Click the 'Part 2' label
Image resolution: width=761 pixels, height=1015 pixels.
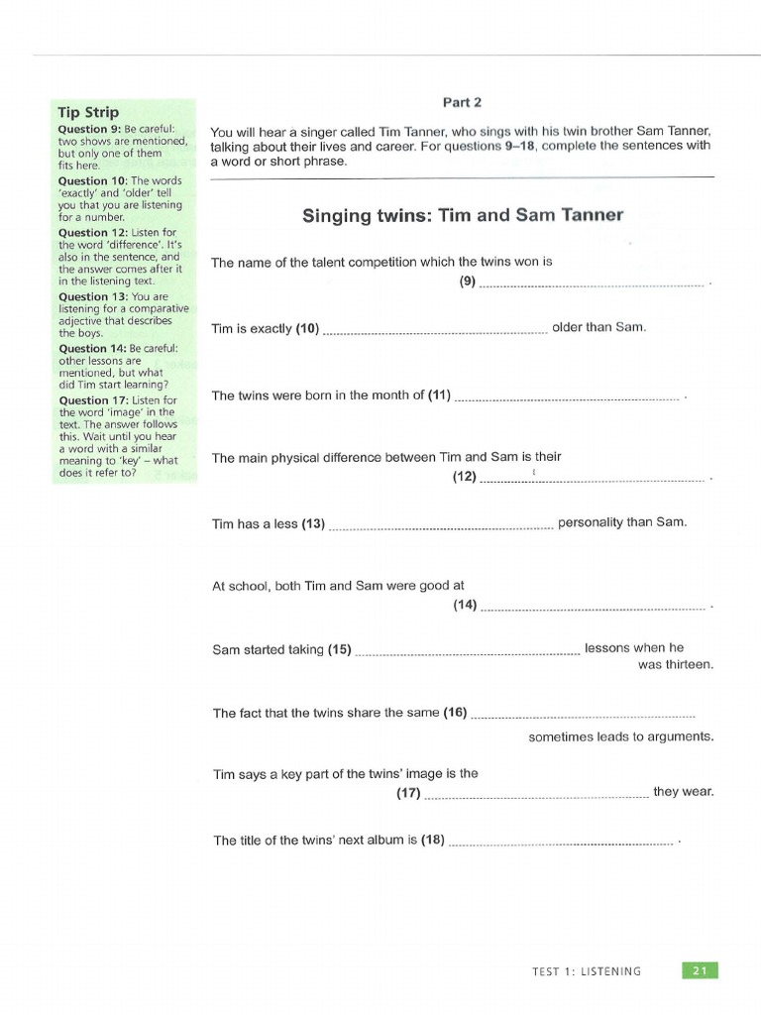[x=462, y=101]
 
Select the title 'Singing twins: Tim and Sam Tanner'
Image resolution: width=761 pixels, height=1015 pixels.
[x=462, y=215]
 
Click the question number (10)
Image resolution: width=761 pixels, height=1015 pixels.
[x=307, y=328]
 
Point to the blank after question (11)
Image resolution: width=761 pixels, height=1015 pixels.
[x=566, y=397]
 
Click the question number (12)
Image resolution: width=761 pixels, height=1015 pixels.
[x=465, y=477]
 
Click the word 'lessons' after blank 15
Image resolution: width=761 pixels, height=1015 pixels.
[x=607, y=648]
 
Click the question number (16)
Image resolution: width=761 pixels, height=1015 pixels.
[x=455, y=713]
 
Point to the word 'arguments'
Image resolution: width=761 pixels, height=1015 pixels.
[x=681, y=736]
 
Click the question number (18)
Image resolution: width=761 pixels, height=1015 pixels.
[x=433, y=841]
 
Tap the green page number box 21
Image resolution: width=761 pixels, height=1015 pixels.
[x=700, y=970]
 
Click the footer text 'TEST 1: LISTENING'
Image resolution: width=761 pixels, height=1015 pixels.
[x=586, y=971]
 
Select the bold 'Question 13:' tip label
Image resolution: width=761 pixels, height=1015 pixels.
[x=86, y=296]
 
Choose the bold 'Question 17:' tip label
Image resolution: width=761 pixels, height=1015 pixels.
[x=86, y=400]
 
